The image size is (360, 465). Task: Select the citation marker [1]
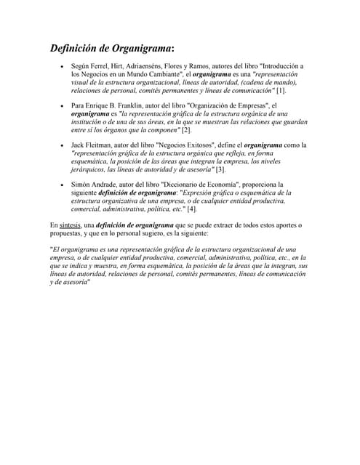[281, 91]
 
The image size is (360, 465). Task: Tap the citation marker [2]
[186, 130]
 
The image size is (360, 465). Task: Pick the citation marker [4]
[191, 209]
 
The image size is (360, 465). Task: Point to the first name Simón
[81, 185]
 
